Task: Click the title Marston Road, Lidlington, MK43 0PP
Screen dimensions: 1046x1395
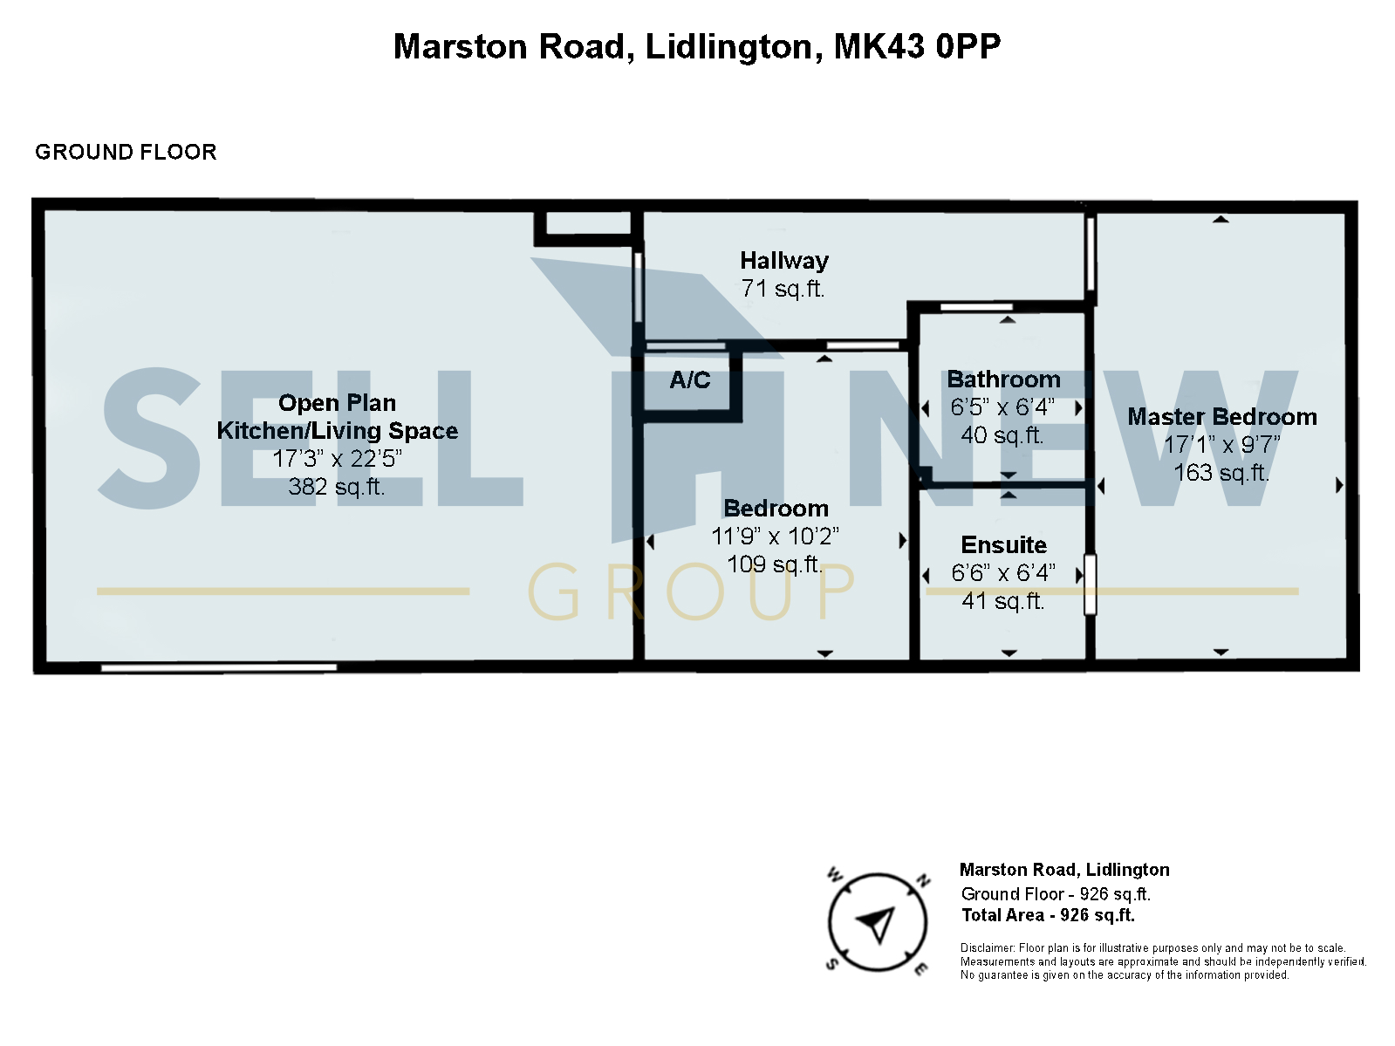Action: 696,46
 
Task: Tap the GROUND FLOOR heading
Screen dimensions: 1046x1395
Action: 126,152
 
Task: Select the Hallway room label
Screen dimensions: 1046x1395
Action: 783,260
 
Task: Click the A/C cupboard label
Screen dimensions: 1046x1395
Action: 689,380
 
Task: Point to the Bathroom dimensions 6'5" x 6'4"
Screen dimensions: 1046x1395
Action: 1002,407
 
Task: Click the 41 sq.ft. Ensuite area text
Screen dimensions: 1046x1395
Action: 1002,601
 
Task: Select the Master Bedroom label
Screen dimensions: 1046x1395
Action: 1221,417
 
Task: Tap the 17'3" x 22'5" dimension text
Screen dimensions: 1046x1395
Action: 337,459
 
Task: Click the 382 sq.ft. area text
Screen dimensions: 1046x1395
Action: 337,487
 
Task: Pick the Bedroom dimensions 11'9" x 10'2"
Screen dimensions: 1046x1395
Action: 775,537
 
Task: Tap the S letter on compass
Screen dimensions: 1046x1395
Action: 832,963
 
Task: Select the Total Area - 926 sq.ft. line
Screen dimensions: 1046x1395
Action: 1048,915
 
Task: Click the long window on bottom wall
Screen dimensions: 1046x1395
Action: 218,667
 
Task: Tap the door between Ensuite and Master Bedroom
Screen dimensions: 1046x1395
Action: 1090,584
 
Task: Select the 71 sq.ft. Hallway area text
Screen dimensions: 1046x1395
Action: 783,289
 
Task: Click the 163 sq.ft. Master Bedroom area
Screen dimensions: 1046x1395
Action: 1221,473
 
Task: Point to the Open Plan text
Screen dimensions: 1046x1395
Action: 337,403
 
